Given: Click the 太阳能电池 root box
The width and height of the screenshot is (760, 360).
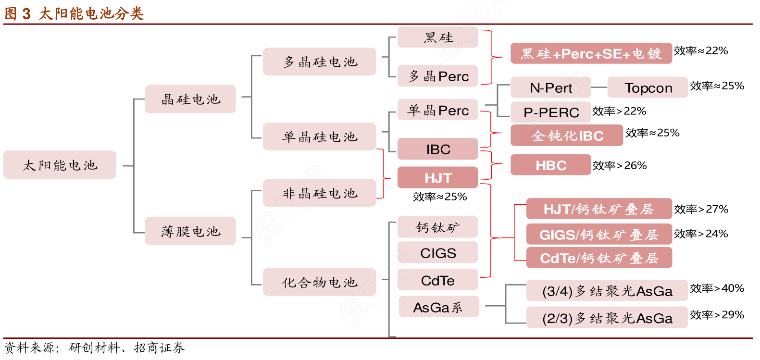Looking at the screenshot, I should coord(60,165).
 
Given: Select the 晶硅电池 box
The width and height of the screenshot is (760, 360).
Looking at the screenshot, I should coord(190,99).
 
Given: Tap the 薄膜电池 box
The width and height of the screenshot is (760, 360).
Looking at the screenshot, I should coord(190,231).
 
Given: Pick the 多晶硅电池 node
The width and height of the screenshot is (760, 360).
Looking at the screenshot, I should coord(319,62).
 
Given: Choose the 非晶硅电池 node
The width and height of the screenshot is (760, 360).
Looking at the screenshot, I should coord(319,193).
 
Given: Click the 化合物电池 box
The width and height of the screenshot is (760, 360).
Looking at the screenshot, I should coord(319,282).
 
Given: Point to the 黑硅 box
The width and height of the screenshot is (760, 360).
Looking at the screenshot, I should coord(437,37).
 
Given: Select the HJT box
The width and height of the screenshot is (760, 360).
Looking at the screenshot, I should coord(437,178).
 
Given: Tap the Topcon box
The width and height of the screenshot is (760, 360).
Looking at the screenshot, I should coord(648,87).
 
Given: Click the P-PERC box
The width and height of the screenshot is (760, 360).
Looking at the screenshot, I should coord(550,112).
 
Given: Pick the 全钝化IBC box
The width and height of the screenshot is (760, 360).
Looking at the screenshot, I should coord(566,136).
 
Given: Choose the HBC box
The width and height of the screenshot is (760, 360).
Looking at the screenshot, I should coord(550,165).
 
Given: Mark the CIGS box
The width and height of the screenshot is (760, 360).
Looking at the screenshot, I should coord(437,253).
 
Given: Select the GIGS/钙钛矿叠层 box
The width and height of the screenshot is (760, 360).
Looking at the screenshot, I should coord(598,235).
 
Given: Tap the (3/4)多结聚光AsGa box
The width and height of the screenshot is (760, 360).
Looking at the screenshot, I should coord(607,291).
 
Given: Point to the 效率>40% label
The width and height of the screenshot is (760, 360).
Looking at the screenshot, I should coord(717,288).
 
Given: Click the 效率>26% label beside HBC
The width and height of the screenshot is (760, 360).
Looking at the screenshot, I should coord(619,166).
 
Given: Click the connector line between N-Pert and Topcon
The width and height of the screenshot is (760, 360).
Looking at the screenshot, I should coord(599,87).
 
